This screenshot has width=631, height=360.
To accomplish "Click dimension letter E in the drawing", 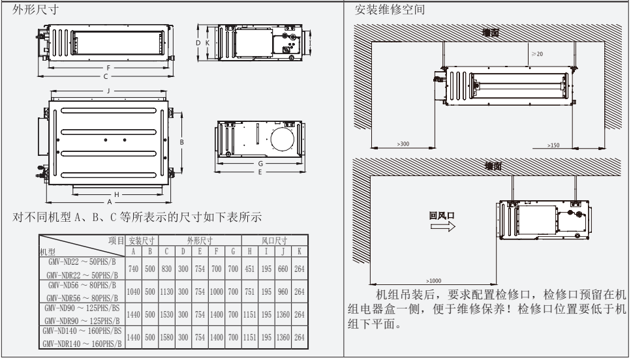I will [260, 172].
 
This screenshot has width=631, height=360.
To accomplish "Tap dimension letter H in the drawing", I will [115, 194].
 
